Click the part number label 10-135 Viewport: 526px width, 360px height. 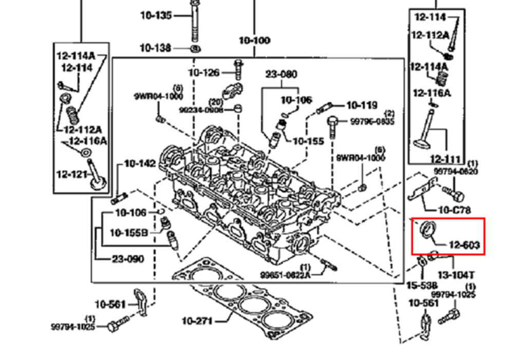click(x=156, y=15)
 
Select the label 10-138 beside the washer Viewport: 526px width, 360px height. click(x=156, y=48)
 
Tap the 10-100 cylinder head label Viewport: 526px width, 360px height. click(x=254, y=40)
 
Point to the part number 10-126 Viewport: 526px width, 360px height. click(x=204, y=73)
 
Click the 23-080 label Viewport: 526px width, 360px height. click(x=281, y=74)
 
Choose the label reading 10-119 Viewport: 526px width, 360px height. click(x=362, y=106)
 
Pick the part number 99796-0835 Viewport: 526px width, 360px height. click(x=372, y=122)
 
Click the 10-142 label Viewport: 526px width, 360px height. click(x=139, y=164)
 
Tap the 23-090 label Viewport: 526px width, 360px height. click(x=128, y=259)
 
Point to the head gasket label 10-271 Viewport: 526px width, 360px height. click(x=197, y=321)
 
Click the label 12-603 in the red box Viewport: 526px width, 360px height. click(x=464, y=245)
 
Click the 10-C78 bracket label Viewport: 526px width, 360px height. click(x=454, y=210)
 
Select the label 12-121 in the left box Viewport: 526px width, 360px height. click(x=72, y=175)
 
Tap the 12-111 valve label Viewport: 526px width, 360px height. click(x=445, y=159)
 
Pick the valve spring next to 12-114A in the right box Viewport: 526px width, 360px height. click(x=440, y=79)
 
